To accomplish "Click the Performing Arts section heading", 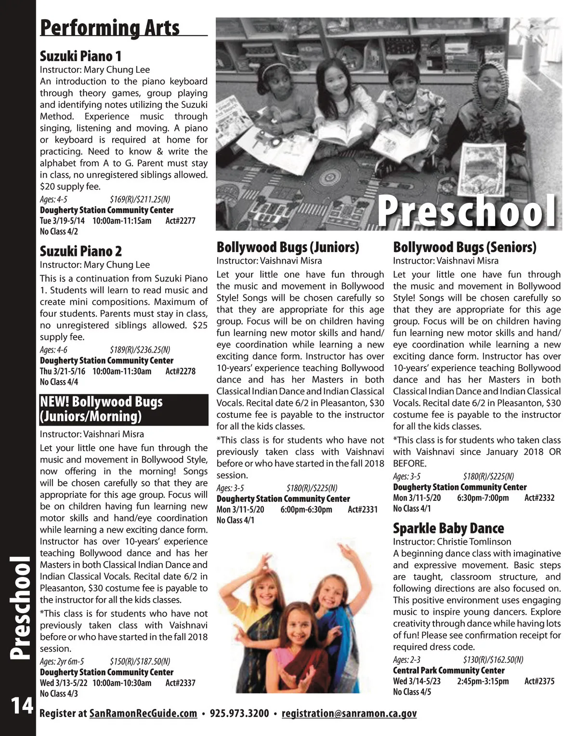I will pos(110,27).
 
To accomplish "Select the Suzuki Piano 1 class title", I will pos(80,56).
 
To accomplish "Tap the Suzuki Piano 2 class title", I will pos(80,251).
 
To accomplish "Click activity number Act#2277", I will pos(180,221).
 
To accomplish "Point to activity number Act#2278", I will pos(180,371).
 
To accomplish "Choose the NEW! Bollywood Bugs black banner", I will pos(124,409).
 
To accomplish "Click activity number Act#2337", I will pos(180,682).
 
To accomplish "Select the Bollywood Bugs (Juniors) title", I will pos(288,247).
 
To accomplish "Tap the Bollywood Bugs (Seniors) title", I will pos(464,247).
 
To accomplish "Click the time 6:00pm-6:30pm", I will pos(306,509).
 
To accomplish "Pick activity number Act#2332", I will pos(539,498).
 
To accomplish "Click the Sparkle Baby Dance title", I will pos(448,528).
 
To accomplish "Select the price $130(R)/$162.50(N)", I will pos(493,659).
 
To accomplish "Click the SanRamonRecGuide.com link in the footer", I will pos(143,713).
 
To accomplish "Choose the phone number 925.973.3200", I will pos(239,713).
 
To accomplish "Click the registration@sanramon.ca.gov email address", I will pos(349,713).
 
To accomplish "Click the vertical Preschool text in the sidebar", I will pos(20,607).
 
